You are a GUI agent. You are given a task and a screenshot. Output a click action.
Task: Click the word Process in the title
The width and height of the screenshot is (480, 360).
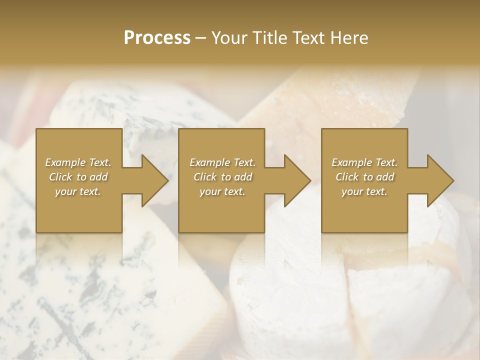157,38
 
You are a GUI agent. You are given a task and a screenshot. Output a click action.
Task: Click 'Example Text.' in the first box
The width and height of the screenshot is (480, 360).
78,162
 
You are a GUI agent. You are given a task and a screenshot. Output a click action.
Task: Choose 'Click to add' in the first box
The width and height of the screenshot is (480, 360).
78,177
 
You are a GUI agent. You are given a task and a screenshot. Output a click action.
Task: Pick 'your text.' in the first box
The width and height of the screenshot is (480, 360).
78,191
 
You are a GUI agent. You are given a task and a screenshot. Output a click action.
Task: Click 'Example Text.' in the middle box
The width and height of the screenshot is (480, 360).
222,162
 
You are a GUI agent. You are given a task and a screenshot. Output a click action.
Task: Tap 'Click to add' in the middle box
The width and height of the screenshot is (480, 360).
222,177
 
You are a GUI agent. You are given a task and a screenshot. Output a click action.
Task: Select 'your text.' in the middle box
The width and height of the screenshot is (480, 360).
222,191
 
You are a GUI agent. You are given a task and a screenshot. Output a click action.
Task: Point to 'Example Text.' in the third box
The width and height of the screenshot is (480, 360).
364,162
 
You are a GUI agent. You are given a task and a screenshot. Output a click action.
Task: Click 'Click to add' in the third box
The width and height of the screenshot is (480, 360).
364,177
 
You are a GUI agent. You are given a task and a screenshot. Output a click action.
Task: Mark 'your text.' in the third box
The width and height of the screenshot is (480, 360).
364,191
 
